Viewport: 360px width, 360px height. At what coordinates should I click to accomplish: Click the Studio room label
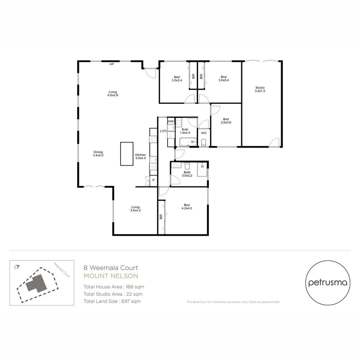click(x=260, y=89)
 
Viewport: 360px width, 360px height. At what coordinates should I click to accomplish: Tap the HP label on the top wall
click(x=112, y=64)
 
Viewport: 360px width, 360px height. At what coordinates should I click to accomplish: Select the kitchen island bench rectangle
click(x=127, y=154)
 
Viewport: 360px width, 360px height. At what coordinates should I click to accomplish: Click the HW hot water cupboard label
click(x=171, y=121)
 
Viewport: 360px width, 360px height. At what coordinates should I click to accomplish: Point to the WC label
click(x=204, y=133)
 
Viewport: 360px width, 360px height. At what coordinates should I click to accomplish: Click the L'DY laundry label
click(x=163, y=131)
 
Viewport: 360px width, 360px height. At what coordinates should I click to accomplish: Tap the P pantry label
click(x=153, y=180)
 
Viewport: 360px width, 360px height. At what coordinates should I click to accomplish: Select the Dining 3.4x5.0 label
click(x=98, y=153)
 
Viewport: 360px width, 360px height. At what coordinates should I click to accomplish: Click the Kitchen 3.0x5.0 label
click(x=140, y=156)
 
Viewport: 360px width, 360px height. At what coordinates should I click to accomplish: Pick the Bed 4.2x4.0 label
click(x=186, y=206)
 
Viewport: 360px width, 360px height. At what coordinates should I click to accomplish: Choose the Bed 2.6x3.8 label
click(x=226, y=121)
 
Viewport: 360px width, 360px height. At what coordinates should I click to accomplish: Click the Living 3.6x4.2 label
click(x=135, y=209)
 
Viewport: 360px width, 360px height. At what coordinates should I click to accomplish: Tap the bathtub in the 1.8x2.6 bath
click(x=188, y=142)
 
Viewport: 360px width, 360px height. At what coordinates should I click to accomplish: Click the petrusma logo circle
click(x=328, y=283)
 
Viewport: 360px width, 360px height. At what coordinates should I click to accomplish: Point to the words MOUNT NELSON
click(x=111, y=276)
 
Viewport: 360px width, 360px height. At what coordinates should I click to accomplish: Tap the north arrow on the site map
click(x=17, y=267)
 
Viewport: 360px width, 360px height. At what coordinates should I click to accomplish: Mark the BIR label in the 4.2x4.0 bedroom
click(x=161, y=217)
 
